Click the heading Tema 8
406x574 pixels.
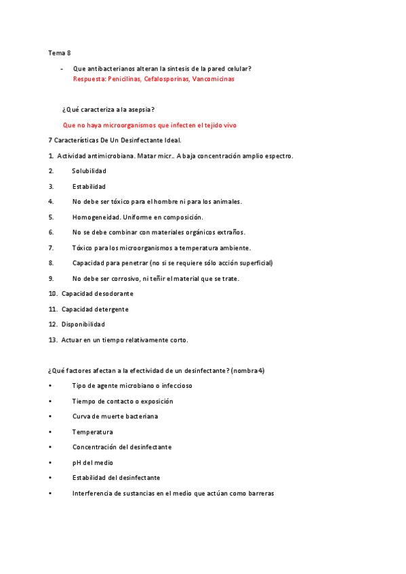tap(59, 53)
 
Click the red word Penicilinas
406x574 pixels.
tap(125, 79)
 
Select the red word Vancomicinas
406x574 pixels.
tap(213, 79)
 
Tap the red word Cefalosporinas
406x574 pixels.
tap(166, 79)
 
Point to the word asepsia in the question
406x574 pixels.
tap(140, 110)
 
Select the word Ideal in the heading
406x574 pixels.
tap(171, 140)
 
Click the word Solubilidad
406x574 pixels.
tap(89, 171)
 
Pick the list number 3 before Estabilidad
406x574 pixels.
tap(51, 186)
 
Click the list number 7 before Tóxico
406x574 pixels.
tap(51, 248)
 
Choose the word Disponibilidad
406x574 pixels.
tap(83, 324)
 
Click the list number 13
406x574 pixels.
tap(52, 340)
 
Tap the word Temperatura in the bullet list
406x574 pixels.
tap(92, 432)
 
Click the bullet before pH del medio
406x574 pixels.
tap(50, 463)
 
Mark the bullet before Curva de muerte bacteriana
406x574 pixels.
tap(50, 416)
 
